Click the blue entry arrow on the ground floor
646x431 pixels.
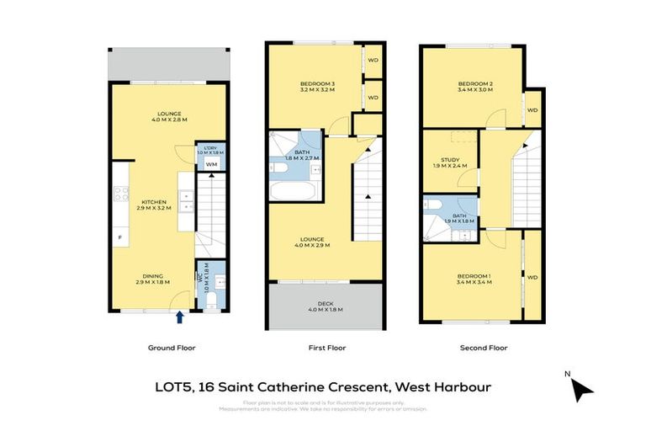tap(180, 317)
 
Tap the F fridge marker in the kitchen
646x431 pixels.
tap(120, 238)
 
